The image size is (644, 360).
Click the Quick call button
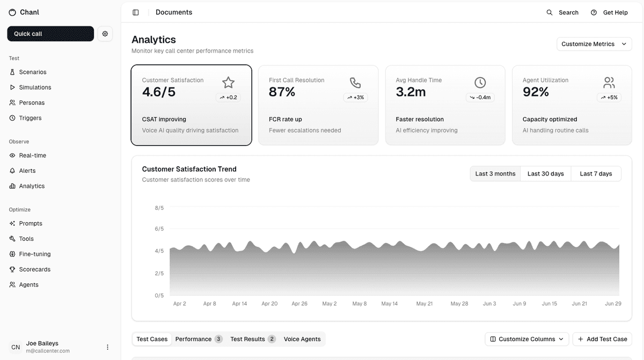coord(50,34)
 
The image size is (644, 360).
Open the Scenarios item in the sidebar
coord(32,72)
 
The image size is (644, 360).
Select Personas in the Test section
coord(32,102)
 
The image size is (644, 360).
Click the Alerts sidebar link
coord(27,171)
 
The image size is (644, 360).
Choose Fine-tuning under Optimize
coord(34,254)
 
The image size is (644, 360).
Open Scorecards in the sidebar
coord(34,269)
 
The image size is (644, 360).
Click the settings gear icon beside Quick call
coord(105,34)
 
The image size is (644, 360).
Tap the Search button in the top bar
coord(562,12)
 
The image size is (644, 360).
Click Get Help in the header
coord(609,12)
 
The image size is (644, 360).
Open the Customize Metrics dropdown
coord(594,44)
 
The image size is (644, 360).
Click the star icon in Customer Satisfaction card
coord(229,82)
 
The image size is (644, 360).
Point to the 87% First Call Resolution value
coord(282,92)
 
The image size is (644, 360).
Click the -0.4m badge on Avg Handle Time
coord(480,98)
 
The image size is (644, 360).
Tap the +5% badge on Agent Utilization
coord(609,98)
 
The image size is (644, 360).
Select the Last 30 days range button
coord(545,174)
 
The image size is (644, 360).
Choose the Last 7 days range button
coord(596,174)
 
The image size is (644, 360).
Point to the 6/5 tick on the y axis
coord(159,229)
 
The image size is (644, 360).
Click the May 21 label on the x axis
coord(425,304)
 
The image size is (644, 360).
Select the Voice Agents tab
coord(302,339)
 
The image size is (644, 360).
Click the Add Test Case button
coord(602,339)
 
